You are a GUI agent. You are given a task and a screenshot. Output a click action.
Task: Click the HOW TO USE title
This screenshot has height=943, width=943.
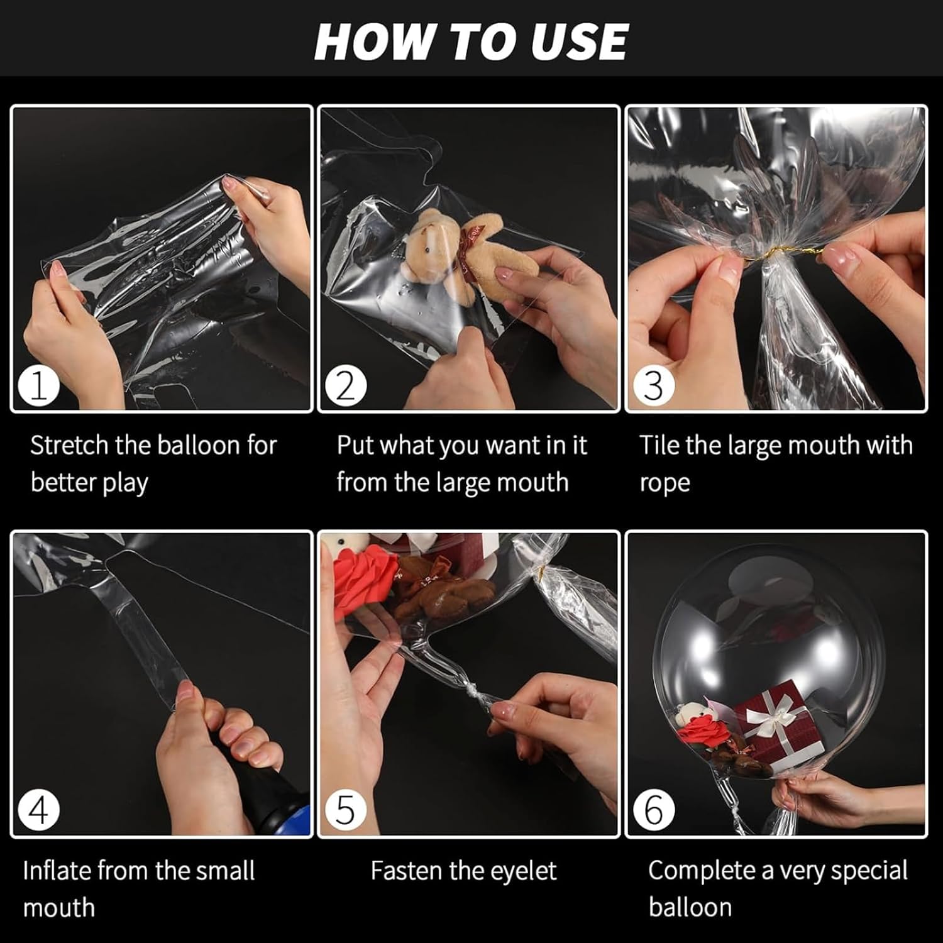[x=471, y=42]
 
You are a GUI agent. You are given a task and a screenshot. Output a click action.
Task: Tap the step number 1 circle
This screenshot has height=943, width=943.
[x=38, y=386]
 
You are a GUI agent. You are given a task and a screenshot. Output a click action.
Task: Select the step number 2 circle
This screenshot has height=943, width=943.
[x=345, y=386]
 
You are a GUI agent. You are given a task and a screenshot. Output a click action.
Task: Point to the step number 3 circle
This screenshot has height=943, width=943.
[x=653, y=386]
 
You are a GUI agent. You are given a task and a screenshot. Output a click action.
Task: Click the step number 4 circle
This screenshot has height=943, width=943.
[x=38, y=811]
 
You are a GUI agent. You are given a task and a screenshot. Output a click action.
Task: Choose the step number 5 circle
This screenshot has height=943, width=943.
[x=345, y=811]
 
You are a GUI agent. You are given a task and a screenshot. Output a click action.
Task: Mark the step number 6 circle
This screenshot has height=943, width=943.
[x=653, y=811]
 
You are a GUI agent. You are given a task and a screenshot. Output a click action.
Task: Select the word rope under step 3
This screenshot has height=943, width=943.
[x=665, y=483]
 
